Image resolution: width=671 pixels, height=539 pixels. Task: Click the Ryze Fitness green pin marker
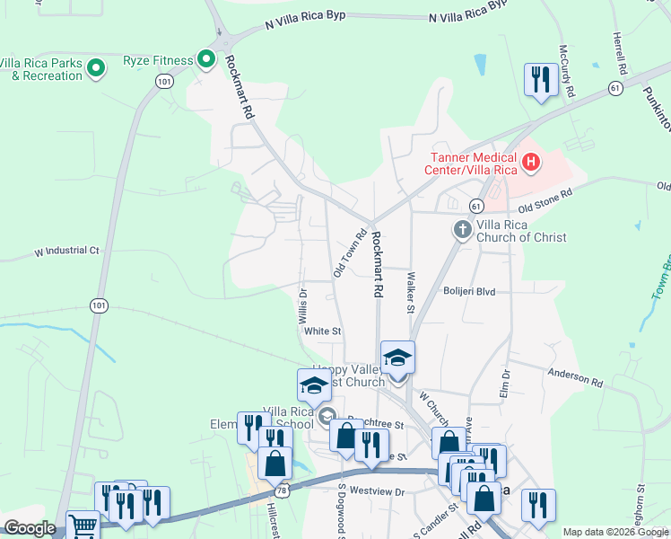[x=206, y=60]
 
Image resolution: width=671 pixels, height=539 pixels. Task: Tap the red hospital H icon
[x=531, y=163]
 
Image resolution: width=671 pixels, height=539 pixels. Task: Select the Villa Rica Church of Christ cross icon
[x=463, y=229]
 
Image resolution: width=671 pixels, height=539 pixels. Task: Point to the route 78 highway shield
[x=283, y=490]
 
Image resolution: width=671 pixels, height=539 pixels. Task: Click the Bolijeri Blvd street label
[x=469, y=291]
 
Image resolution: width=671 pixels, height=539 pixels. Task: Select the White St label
[x=323, y=331]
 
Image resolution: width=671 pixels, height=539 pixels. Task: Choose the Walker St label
[x=411, y=294]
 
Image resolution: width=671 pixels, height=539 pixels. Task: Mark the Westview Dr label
[x=378, y=491]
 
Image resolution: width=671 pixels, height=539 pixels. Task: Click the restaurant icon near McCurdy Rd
[x=539, y=79]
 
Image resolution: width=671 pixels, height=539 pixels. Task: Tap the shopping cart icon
[x=83, y=526]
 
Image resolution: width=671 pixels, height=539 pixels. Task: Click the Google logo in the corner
[x=30, y=528]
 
